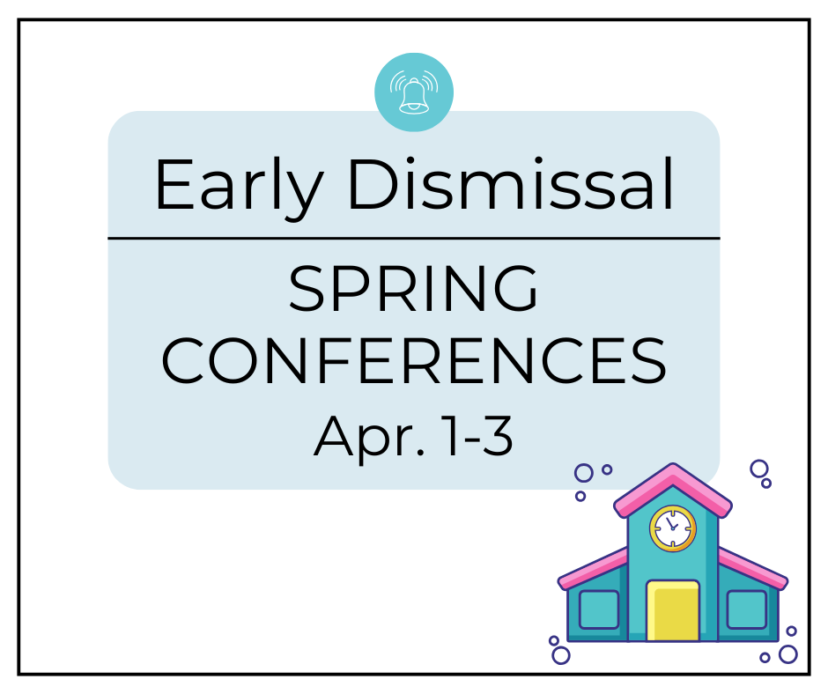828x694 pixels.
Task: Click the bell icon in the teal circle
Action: (x=414, y=92)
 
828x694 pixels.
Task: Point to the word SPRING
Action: (x=413, y=291)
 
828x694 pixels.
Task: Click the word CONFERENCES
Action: (x=413, y=361)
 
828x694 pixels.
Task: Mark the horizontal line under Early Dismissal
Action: (x=413, y=238)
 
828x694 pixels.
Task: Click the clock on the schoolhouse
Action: (x=673, y=528)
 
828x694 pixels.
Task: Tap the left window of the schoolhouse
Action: (x=598, y=609)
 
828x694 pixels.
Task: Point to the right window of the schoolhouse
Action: (x=746, y=609)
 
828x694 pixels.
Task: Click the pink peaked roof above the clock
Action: (x=673, y=487)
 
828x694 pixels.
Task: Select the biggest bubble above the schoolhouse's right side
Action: (x=758, y=469)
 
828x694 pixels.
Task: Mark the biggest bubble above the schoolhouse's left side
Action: (x=583, y=473)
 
